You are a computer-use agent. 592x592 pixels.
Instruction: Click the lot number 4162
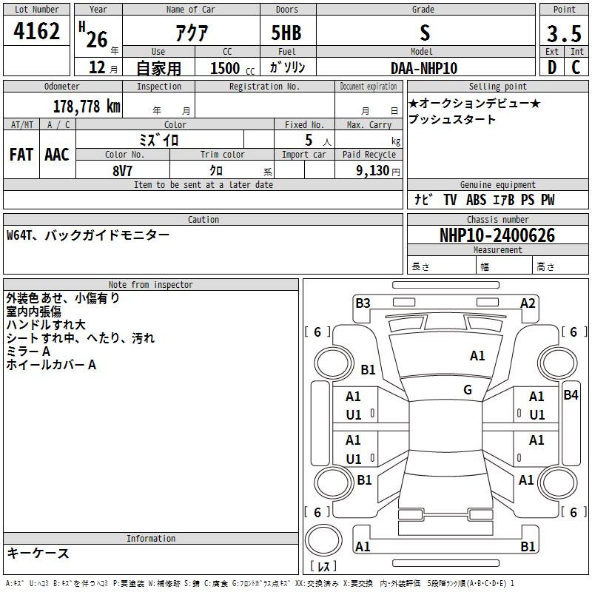36,31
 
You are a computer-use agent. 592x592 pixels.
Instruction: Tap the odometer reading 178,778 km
87,107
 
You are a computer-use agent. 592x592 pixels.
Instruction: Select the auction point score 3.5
564,33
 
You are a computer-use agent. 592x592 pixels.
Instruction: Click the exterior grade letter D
552,67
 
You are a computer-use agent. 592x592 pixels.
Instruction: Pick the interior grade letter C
576,67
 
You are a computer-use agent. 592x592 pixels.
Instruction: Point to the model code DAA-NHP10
424,68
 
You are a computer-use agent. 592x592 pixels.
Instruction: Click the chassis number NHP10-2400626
497,235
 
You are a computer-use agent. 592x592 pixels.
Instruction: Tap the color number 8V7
122,171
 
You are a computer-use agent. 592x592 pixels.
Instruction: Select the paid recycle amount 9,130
373,171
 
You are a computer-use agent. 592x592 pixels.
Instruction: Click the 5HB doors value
286,33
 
